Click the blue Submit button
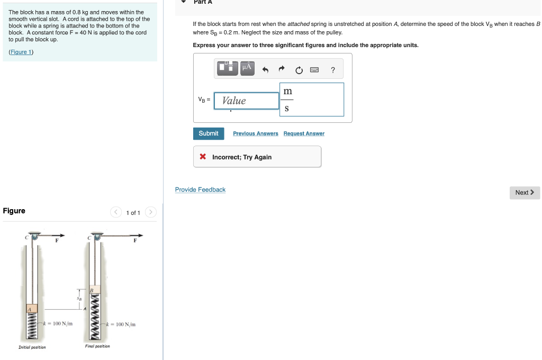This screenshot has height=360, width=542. (x=209, y=133)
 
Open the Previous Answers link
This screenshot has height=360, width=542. (x=255, y=133)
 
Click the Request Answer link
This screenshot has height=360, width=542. (x=304, y=133)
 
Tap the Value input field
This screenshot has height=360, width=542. (x=246, y=101)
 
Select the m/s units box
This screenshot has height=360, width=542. (x=312, y=100)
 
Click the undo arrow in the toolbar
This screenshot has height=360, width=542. (x=266, y=69)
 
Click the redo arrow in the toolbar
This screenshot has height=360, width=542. (x=282, y=69)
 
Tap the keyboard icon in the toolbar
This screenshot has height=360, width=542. (x=314, y=69)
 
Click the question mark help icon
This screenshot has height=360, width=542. (x=333, y=69)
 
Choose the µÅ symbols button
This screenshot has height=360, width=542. (x=247, y=68)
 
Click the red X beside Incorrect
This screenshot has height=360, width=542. (x=203, y=157)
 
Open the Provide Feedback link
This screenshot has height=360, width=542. (x=200, y=190)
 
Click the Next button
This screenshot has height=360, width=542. (x=525, y=193)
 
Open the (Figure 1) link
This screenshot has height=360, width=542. (x=21, y=52)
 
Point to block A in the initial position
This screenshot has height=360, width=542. (x=32, y=309)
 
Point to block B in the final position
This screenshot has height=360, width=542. (x=94, y=291)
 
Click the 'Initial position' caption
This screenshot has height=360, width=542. (x=32, y=347)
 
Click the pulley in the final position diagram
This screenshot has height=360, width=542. (x=96, y=237)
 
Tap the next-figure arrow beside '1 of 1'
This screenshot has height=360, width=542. (x=151, y=213)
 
